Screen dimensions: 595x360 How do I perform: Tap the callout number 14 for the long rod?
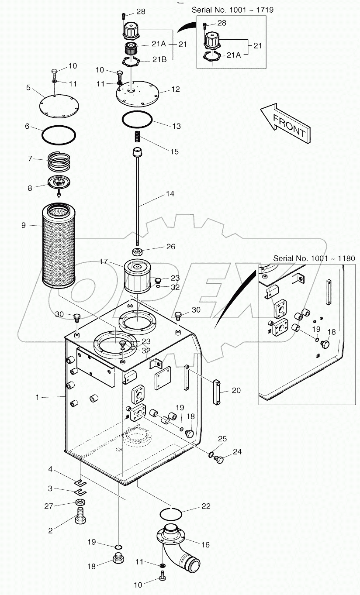click(170, 193)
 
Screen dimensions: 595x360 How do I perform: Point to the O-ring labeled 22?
click(170, 513)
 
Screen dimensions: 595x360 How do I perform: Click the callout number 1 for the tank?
click(38, 397)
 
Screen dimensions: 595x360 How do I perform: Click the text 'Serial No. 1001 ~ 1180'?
click(314, 258)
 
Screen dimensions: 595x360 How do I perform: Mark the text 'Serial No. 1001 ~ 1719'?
click(232, 10)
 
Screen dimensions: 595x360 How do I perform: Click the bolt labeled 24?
click(219, 459)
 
